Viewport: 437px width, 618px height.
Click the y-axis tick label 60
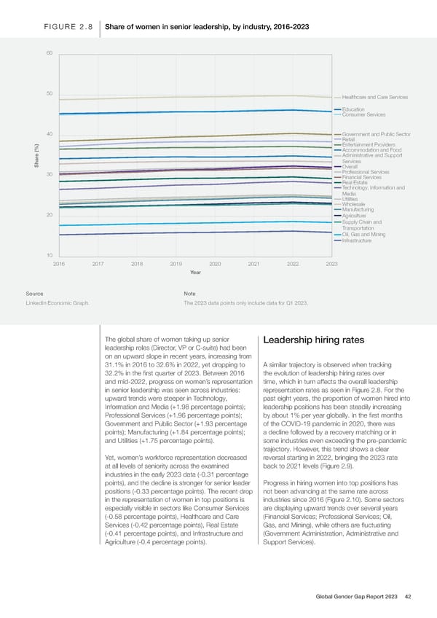pyautogui.click(x=48, y=54)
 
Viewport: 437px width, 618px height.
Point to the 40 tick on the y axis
pyautogui.click(x=48, y=134)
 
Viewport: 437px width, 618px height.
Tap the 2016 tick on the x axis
pyautogui.click(x=59, y=263)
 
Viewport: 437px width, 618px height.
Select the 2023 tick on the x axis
pyautogui.click(x=331, y=263)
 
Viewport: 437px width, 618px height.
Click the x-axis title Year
pyautogui.click(x=195, y=273)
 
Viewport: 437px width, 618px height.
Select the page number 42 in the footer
pyautogui.click(x=409, y=596)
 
